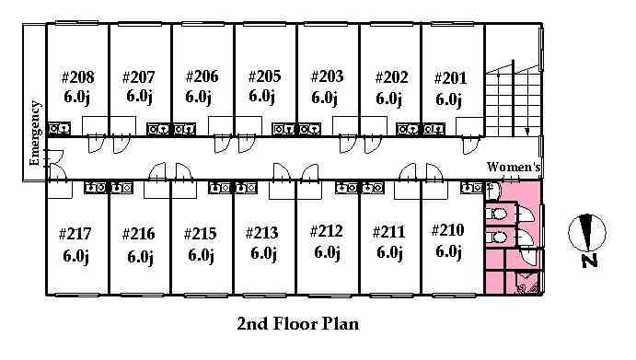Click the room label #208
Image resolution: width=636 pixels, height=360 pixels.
[78, 77]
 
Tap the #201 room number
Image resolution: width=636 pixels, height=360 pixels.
[450, 78]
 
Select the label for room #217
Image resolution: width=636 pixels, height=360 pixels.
[75, 234]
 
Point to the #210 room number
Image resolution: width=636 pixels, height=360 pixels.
[448, 230]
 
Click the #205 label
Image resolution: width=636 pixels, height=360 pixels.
[264, 75]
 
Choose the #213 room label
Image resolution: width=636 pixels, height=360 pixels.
[262, 233]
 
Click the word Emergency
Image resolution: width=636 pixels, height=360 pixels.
[35, 134]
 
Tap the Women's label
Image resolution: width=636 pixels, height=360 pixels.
[514, 167]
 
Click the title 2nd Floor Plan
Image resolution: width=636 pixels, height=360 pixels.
[298, 323]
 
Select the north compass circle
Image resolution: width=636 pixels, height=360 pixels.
[587, 233]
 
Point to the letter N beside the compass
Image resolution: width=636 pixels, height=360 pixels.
[589, 261]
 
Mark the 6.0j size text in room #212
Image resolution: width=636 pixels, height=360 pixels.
[327, 252]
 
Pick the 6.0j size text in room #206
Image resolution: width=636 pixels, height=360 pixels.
[198, 97]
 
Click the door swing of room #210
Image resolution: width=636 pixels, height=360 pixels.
[434, 171]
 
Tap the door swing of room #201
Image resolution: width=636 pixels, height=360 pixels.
[471, 145]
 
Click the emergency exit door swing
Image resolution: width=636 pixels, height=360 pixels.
[56, 165]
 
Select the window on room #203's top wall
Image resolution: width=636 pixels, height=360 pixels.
[326, 24]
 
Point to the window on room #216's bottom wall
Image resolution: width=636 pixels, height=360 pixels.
[140, 295]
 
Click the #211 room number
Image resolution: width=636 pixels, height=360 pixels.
[389, 232]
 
